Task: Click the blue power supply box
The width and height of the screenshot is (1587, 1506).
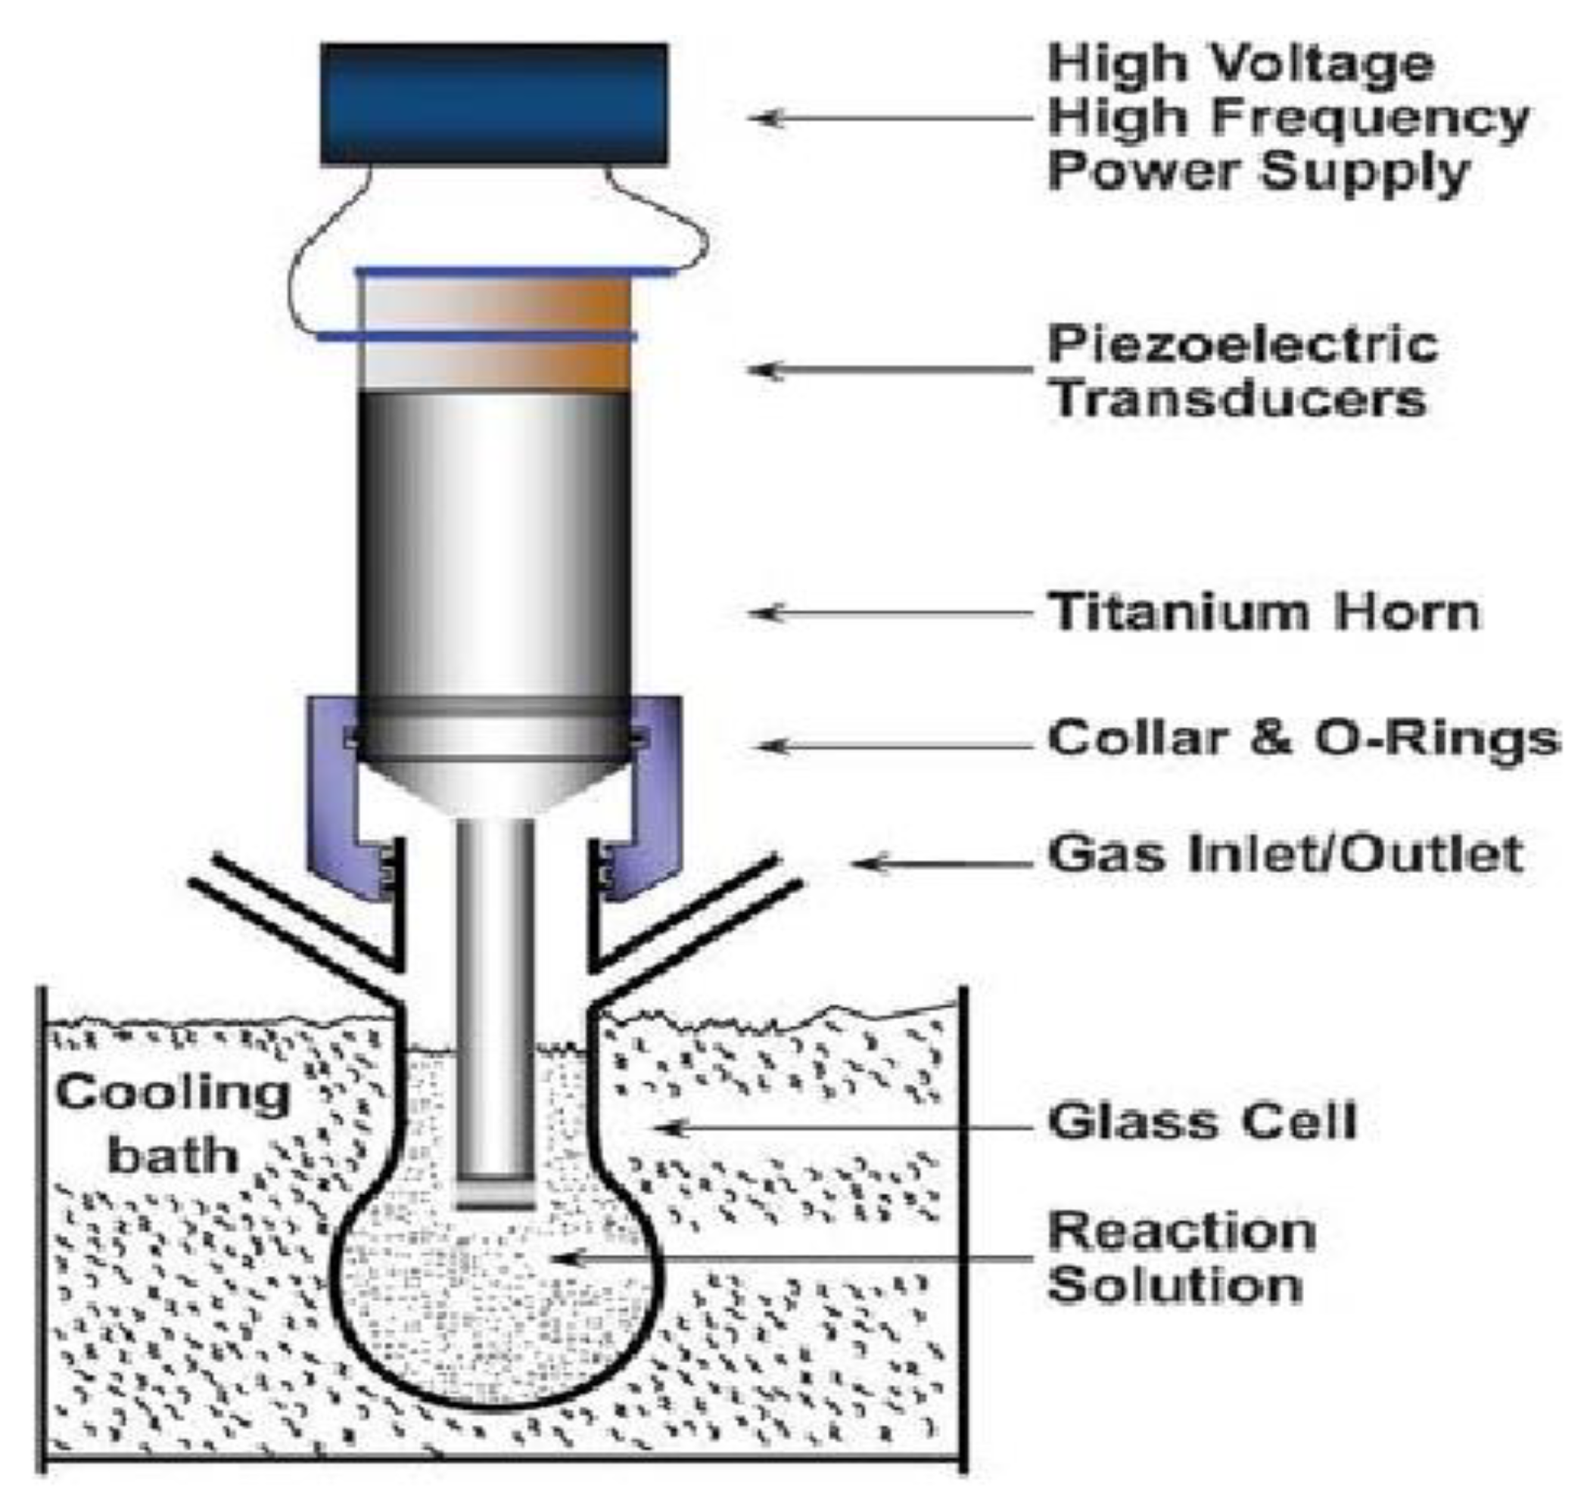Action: (x=493, y=104)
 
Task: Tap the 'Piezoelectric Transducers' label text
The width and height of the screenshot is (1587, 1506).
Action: (x=1242, y=371)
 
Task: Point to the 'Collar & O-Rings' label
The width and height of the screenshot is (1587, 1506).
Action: (x=1302, y=737)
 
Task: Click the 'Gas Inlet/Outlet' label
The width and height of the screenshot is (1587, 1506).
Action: (x=1285, y=854)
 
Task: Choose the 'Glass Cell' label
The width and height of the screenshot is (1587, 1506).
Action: (x=1202, y=1123)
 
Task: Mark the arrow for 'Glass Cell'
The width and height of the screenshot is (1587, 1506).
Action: (x=843, y=1128)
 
